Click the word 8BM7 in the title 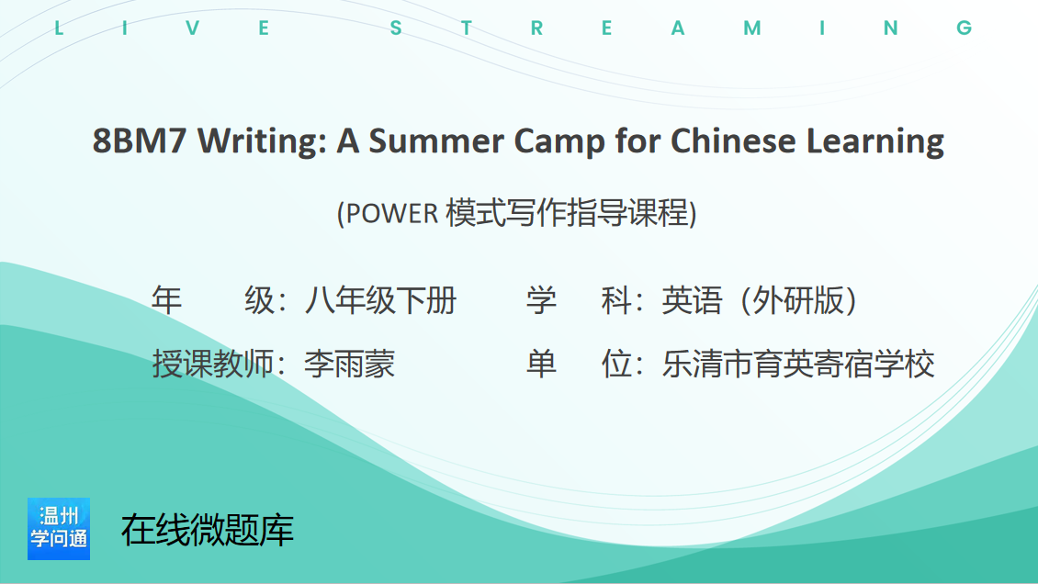(140, 140)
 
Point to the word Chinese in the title (733, 140)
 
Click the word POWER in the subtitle (392, 214)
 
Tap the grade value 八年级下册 (380, 301)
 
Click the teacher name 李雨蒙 (350, 364)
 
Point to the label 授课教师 (213, 364)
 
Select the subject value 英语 (692, 301)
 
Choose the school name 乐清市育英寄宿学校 (798, 364)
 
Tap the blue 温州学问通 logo (59, 528)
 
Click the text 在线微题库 (208, 530)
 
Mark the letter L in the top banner (59, 28)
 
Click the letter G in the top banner (964, 28)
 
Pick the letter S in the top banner (396, 28)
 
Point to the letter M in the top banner (752, 28)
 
